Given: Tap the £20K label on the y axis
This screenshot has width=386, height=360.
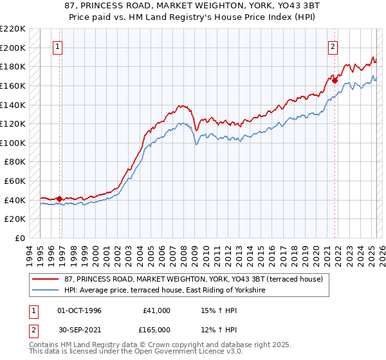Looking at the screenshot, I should pyautogui.click(x=15, y=219).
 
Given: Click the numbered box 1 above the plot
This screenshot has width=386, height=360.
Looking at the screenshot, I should pyautogui.click(x=58, y=46).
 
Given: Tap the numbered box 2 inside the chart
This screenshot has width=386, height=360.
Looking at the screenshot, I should pyautogui.click(x=333, y=46).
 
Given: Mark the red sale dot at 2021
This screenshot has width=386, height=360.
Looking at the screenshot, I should pyautogui.click(x=335, y=80).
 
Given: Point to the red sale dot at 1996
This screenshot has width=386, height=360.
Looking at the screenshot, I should pyautogui.click(x=60, y=199).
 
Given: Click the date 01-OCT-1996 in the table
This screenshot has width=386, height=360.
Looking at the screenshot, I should pyautogui.click(x=80, y=310).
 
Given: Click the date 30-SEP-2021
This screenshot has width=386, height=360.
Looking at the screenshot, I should pyautogui.click(x=80, y=330).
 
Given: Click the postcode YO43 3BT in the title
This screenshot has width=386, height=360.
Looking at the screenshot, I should pyautogui.click(x=297, y=5).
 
